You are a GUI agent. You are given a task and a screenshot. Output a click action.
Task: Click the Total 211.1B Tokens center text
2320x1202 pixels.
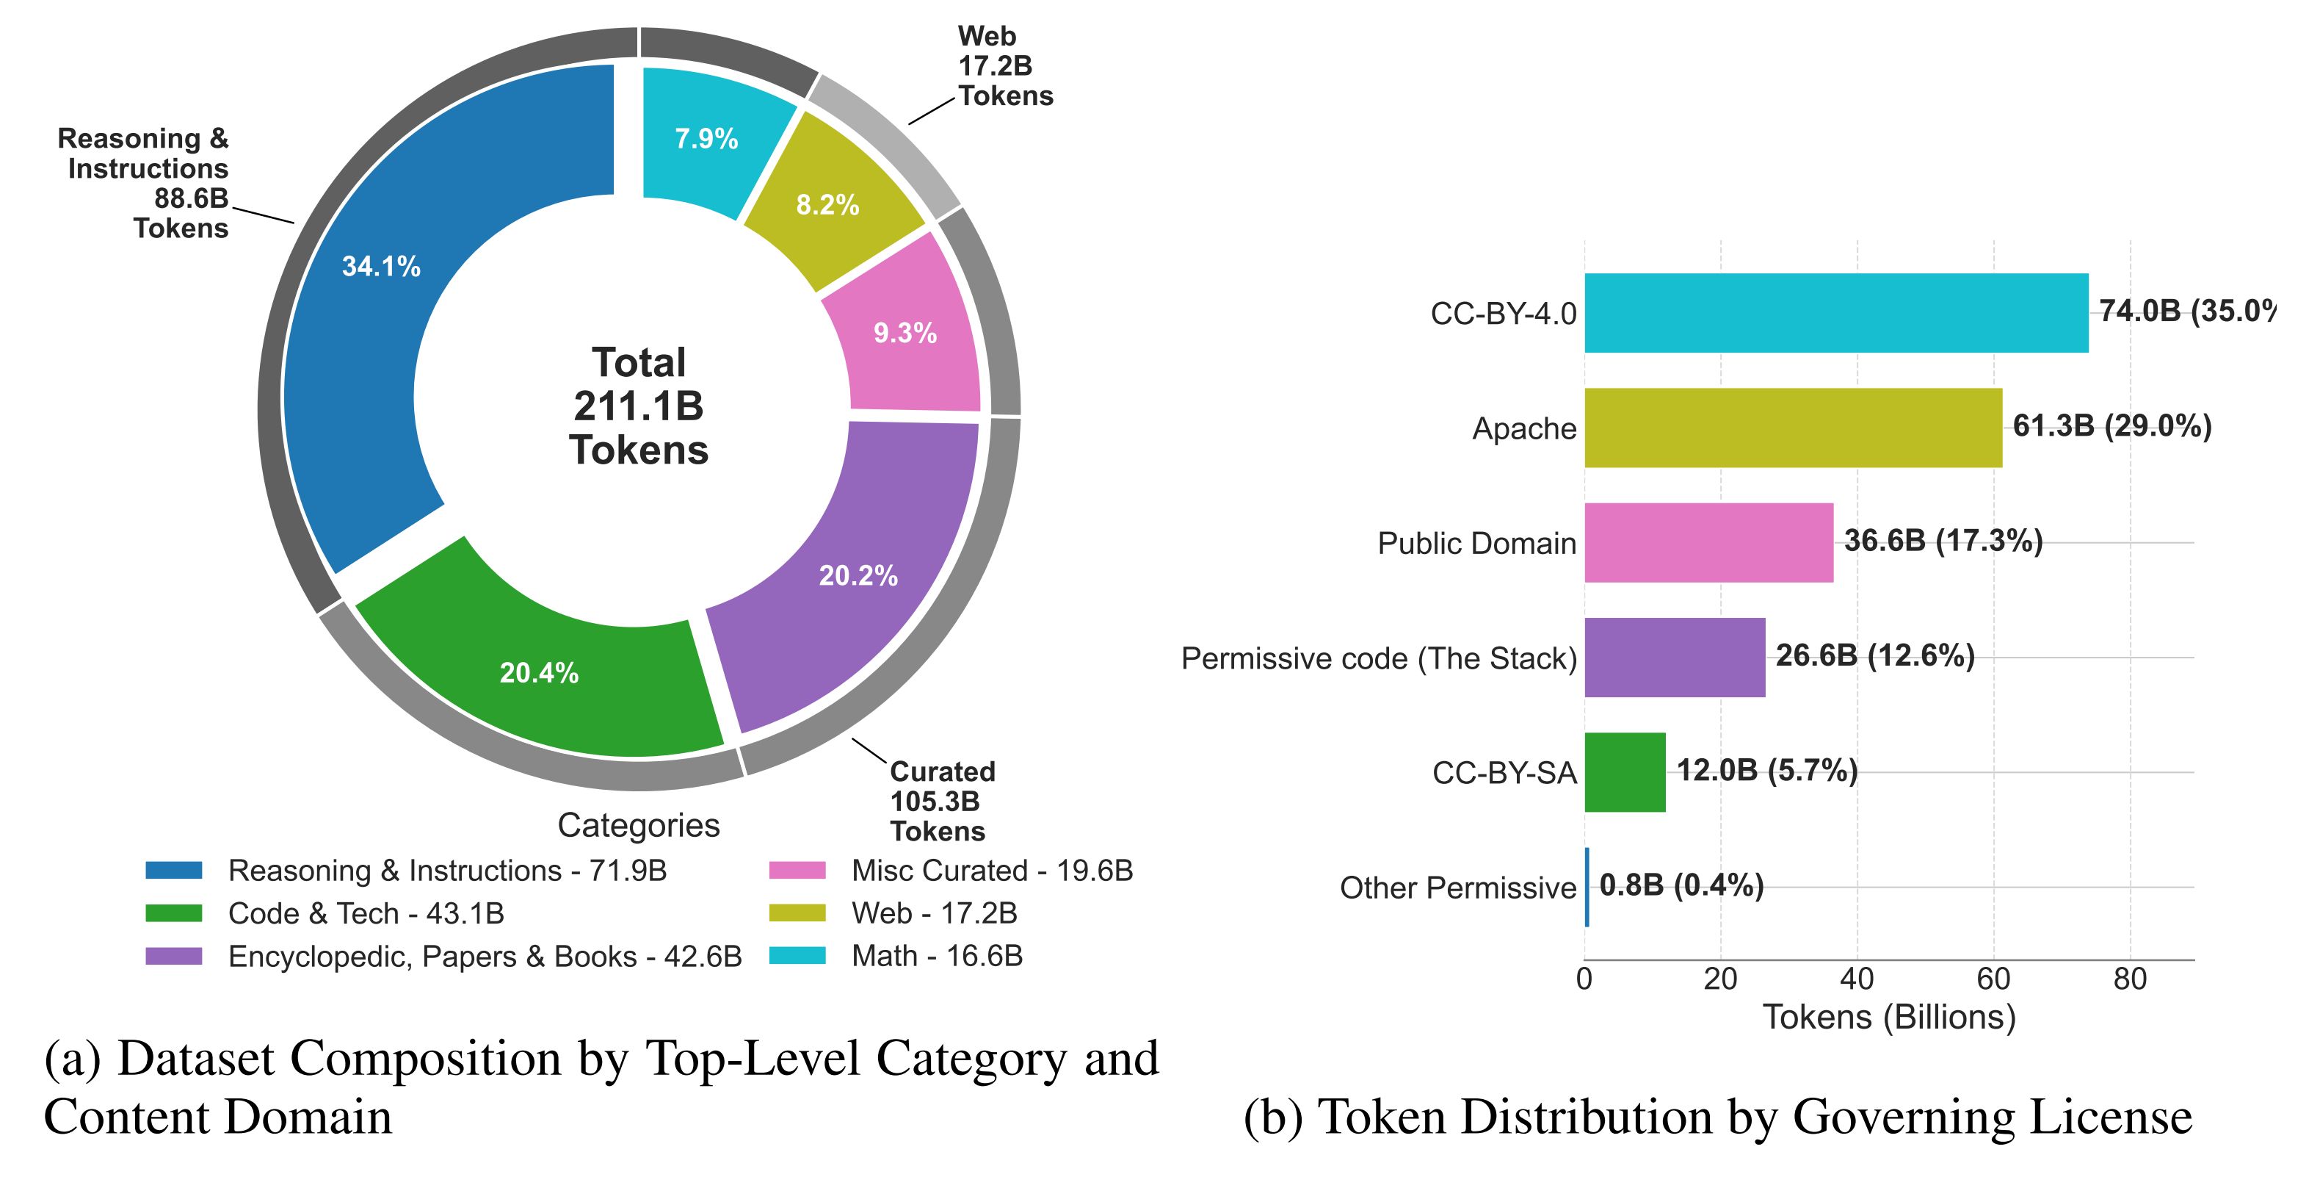pos(639,406)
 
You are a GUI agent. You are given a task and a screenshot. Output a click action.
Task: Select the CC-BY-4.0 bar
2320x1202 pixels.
pos(1835,313)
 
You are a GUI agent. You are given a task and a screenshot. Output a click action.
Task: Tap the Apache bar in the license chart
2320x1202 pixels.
pos(1792,428)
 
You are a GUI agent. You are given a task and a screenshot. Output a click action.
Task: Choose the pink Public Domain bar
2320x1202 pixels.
pos(1708,542)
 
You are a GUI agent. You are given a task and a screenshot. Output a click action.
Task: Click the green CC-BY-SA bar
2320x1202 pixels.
pos(1625,772)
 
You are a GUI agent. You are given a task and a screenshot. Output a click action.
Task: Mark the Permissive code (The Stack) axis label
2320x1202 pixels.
pos(1378,658)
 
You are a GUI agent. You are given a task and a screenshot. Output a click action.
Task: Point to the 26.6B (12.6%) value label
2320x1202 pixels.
pos(1875,655)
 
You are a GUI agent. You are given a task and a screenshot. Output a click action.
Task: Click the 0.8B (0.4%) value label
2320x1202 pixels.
pos(1681,885)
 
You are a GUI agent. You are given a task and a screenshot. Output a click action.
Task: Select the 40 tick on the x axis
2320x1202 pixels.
pos(1857,979)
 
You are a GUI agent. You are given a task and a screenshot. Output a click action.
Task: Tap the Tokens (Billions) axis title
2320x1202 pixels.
pos(1888,1018)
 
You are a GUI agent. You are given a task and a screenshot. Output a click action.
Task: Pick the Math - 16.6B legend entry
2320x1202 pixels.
pos(937,956)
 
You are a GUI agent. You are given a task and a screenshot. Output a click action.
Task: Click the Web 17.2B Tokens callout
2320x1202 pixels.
pos(1004,66)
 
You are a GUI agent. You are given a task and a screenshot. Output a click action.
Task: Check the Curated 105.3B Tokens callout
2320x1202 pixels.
pos(941,801)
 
